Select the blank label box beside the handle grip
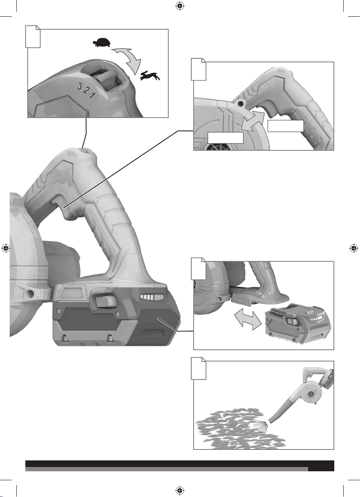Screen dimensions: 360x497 coord(285,127)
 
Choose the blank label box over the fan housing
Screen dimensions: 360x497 coord(226,138)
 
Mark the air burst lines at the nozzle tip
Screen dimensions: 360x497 coord(261,425)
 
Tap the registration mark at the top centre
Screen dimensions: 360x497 coord(180,6)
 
